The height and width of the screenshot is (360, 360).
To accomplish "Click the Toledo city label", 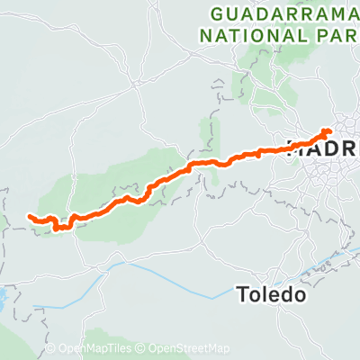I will (x=274, y=293).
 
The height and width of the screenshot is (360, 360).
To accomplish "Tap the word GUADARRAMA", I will (x=284, y=15).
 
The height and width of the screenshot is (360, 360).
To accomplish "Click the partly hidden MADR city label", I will (x=324, y=148).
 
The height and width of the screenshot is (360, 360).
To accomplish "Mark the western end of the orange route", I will (x=30, y=217).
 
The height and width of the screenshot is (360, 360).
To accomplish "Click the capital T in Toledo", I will (x=243, y=293).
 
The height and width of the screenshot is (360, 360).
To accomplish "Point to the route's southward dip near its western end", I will (x=58, y=228).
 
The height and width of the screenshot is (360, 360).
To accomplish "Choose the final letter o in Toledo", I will (x=303, y=294).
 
